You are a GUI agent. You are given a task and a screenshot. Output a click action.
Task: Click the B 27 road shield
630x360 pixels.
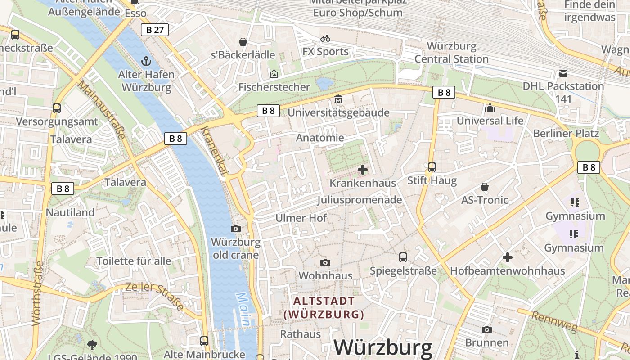click(x=154, y=30)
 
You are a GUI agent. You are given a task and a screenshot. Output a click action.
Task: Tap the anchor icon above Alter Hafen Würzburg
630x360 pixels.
click(x=146, y=61)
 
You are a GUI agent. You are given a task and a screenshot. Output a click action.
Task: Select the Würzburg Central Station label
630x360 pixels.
click(x=451, y=53)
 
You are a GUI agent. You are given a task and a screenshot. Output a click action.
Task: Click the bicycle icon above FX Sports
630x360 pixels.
click(x=325, y=39)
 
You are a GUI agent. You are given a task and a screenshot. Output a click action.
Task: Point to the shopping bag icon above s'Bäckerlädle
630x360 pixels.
click(x=243, y=42)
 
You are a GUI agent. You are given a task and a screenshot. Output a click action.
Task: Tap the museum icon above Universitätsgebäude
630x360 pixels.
click(x=338, y=99)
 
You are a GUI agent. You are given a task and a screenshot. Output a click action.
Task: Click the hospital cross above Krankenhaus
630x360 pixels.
click(x=363, y=170)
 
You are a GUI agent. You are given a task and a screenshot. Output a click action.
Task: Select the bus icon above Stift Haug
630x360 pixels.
click(x=432, y=167)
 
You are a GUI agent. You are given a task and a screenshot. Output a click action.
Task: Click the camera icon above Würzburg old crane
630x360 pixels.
click(x=235, y=229)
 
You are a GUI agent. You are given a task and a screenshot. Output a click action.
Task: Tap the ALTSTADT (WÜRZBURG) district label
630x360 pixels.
click(x=324, y=307)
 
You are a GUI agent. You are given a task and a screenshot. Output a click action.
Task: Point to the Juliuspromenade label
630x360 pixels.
click(x=359, y=200)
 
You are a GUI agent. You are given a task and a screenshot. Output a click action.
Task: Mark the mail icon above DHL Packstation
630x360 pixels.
click(x=563, y=73)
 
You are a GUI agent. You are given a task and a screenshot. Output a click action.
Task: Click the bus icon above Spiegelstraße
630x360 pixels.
click(x=403, y=257)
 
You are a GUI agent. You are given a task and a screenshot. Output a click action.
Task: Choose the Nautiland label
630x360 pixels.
click(x=70, y=212)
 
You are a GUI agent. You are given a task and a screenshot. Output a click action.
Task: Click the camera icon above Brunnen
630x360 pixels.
click(x=486, y=330)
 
